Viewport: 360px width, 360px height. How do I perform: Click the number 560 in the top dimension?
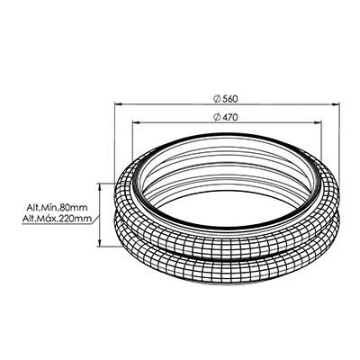click(x=230, y=99)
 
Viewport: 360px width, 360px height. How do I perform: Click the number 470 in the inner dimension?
click(x=230, y=117)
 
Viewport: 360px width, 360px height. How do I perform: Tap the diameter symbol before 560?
click(x=217, y=99)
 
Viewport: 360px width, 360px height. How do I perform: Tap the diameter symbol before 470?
click(x=217, y=117)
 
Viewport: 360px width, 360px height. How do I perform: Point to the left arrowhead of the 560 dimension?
click(x=118, y=104)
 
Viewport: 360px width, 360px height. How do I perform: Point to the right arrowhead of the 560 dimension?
click(x=336, y=104)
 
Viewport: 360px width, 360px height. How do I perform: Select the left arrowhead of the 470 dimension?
click(x=136, y=122)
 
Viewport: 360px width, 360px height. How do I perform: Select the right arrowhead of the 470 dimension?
click(x=318, y=122)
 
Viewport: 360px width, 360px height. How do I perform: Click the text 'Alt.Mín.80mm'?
click(x=57, y=207)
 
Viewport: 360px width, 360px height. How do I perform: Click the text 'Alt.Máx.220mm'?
click(x=57, y=219)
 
